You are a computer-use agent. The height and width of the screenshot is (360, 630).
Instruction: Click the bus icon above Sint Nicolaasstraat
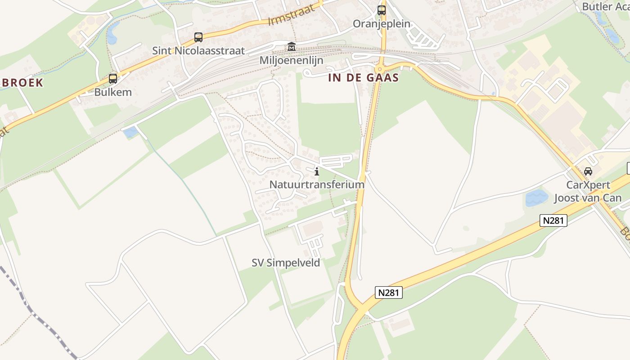click(x=198, y=37)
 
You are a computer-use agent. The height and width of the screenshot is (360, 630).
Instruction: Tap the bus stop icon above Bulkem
click(x=112, y=79)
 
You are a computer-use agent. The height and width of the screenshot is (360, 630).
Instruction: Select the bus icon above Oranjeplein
click(x=382, y=10)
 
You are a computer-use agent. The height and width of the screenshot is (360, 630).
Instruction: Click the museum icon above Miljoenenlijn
click(x=291, y=47)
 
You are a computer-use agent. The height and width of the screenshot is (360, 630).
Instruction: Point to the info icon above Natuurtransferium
click(x=317, y=171)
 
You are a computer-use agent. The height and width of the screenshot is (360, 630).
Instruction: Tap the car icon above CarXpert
click(x=588, y=171)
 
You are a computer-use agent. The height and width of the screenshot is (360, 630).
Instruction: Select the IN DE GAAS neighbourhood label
click(x=364, y=78)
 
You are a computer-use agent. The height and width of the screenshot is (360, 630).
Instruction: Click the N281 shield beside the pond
click(x=553, y=220)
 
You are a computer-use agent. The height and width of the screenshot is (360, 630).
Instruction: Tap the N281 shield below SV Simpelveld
click(x=388, y=292)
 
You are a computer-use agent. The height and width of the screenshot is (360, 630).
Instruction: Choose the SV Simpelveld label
click(x=286, y=263)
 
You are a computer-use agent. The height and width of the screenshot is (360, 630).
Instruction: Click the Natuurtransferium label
click(x=317, y=184)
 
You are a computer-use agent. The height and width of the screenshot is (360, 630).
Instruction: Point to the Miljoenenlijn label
click(x=291, y=60)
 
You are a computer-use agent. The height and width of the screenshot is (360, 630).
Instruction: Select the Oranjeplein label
click(x=382, y=23)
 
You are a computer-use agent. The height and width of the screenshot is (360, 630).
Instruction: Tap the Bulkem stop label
click(x=113, y=92)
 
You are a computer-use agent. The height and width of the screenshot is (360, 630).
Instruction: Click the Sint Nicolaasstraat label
click(x=198, y=50)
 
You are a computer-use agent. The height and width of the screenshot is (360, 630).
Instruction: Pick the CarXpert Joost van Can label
click(x=588, y=191)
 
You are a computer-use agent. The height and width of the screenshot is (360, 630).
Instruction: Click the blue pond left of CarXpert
click(x=536, y=198)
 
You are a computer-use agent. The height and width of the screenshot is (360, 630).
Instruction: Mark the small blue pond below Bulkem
click(x=131, y=132)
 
